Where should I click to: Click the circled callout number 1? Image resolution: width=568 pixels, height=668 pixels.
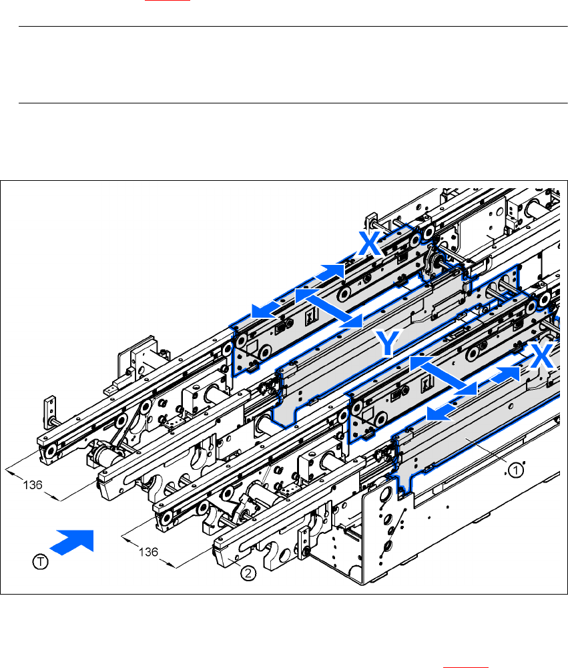click(x=515, y=470)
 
